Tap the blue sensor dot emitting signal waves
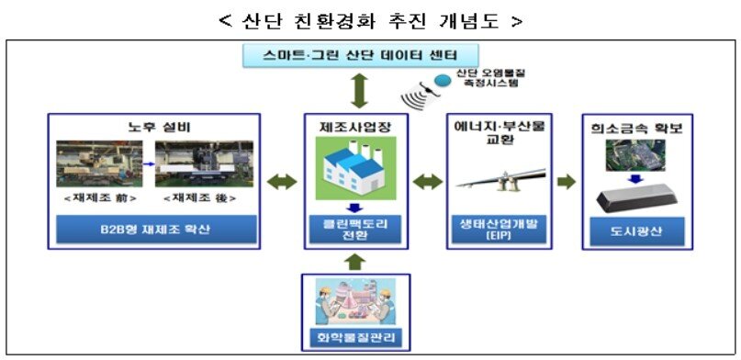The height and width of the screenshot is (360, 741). coord(443,81)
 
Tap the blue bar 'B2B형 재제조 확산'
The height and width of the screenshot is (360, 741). coord(153,228)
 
